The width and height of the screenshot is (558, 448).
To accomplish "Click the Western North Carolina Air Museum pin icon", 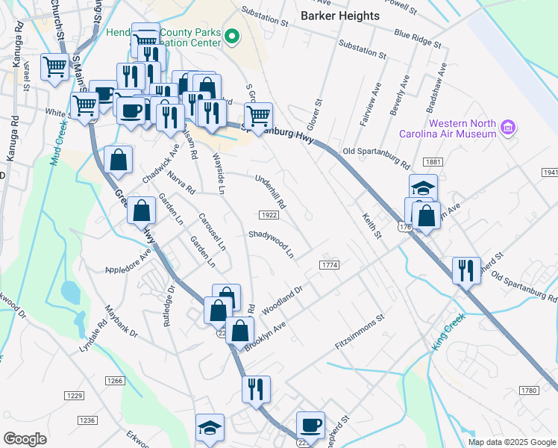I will coord(507,127).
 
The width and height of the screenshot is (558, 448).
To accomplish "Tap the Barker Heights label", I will coord(339,15).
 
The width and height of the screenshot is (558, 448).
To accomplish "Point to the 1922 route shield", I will coord(269,215).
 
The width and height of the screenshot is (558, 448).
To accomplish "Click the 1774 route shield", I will coord(329,265).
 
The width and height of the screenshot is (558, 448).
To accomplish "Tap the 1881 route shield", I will coord(432,161).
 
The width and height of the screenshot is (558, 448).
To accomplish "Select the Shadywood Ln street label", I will coord(271,243).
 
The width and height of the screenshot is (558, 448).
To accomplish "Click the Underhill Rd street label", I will coord(270,191).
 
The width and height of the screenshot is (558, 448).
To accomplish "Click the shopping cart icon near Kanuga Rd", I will coord(54,66).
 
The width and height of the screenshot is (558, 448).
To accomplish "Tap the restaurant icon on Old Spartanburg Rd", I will coord(466,269).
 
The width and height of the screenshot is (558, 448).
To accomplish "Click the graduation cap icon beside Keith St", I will coord(422,187).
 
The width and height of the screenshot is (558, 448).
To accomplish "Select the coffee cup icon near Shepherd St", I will coord(310,425).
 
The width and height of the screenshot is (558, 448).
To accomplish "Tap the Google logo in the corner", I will coord(25,439).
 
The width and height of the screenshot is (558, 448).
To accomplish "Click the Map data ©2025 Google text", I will coord(511,442).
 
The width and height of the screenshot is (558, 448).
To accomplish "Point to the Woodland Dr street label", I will coord(281,299).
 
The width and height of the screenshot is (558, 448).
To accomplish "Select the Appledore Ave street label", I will coord(128,267).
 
